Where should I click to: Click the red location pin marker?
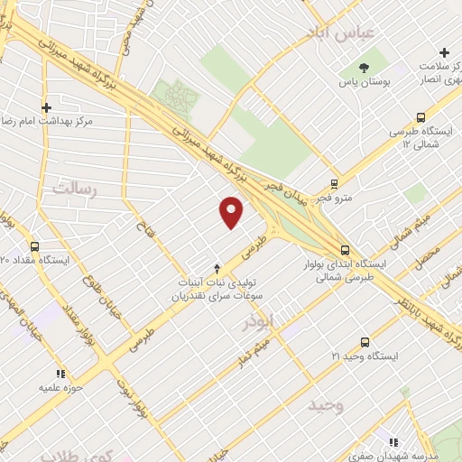pyautogui.click(x=232, y=212)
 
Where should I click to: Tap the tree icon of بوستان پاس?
pyautogui.click(x=364, y=68)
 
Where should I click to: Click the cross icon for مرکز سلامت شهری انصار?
pyautogui.click(x=443, y=52)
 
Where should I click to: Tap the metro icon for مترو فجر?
pyautogui.click(x=335, y=182)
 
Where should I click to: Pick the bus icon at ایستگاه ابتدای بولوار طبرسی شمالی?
pyautogui.click(x=345, y=250)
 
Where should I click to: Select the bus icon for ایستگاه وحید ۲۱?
pyautogui.click(x=365, y=342)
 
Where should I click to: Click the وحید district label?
pyautogui.click(x=324, y=404)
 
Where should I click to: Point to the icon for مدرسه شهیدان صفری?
pyautogui.click(x=393, y=442)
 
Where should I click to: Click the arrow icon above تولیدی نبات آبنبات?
pyautogui.click(x=217, y=268)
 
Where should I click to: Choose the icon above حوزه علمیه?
pyautogui.click(x=60, y=372)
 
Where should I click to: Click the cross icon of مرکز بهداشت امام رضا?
pyautogui.click(x=45, y=106)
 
